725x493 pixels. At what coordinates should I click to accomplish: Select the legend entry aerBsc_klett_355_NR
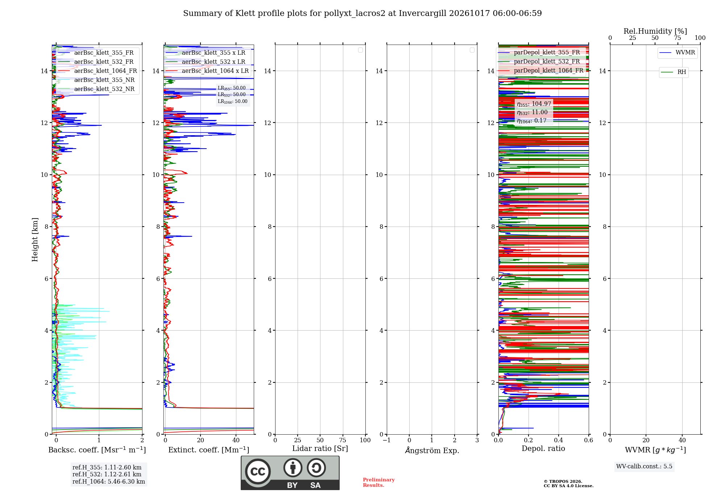click(96, 80)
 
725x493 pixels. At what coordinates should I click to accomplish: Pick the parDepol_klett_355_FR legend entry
click(540, 53)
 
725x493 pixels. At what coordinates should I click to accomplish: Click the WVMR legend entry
click(677, 53)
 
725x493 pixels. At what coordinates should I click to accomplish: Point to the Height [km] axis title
click(35, 240)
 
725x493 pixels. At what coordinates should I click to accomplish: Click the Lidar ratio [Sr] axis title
click(320, 449)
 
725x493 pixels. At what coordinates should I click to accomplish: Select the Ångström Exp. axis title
click(432, 450)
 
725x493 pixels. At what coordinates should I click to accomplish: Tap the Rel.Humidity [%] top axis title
click(655, 31)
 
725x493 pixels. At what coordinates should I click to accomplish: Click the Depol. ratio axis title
click(543, 449)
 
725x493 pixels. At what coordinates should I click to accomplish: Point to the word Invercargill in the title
click(423, 13)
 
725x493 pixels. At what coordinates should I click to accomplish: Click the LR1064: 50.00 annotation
click(232, 101)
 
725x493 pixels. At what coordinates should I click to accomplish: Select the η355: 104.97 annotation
click(534, 104)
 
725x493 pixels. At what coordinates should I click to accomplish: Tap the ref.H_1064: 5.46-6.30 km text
click(109, 482)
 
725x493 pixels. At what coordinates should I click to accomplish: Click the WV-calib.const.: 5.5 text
click(644, 467)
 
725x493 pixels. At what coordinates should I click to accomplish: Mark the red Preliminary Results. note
click(379, 482)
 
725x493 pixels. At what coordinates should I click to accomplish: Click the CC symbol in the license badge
click(258, 471)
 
